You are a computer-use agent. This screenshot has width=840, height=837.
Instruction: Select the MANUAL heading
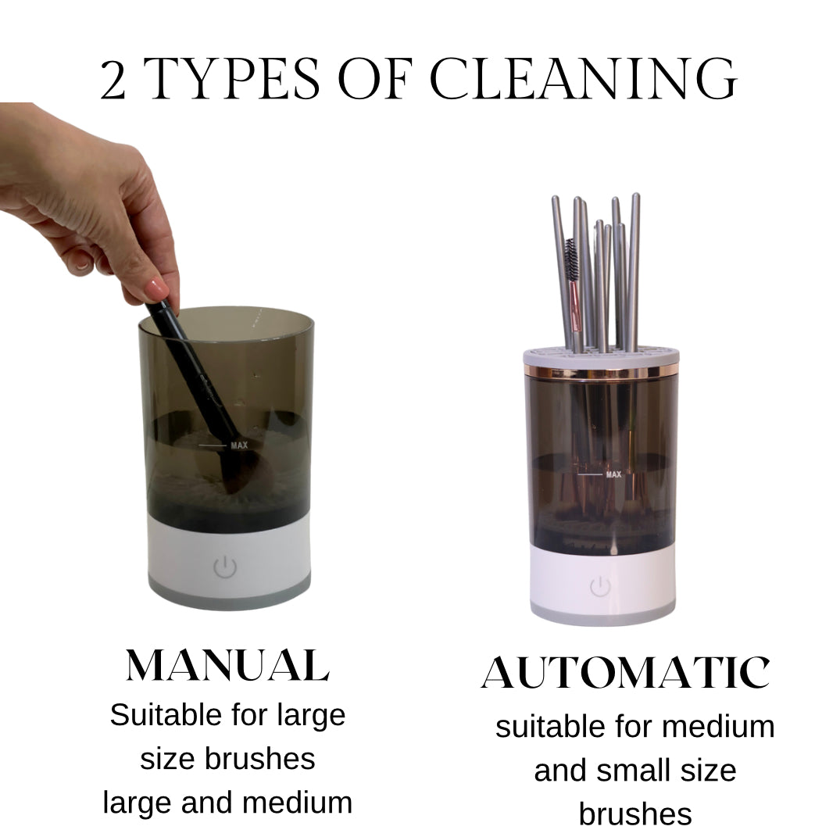pyautogui.click(x=227, y=666)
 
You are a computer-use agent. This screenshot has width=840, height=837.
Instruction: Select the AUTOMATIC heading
pyautogui.click(x=626, y=672)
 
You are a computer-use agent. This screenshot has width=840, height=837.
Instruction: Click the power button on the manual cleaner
pyautogui.click(x=225, y=567)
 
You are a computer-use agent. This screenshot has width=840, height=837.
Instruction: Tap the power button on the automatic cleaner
pyautogui.click(x=600, y=587)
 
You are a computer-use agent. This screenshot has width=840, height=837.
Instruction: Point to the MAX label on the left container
pyautogui.click(x=239, y=445)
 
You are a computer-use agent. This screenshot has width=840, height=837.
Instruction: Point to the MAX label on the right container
pyautogui.click(x=613, y=474)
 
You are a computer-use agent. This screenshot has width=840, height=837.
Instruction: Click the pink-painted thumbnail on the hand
pyautogui.click(x=156, y=288)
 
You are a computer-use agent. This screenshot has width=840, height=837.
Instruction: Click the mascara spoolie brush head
pyautogui.click(x=572, y=260)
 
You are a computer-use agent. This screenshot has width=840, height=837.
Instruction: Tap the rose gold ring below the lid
pyautogui.click(x=601, y=370)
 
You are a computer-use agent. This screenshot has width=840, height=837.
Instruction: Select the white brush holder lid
pyautogui.click(x=601, y=357)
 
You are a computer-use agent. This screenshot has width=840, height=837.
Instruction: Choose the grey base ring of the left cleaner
pyautogui.click(x=229, y=595)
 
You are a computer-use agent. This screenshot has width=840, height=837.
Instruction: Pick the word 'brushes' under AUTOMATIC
pyautogui.click(x=635, y=814)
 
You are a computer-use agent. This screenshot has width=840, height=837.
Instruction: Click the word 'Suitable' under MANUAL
pyautogui.click(x=166, y=715)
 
